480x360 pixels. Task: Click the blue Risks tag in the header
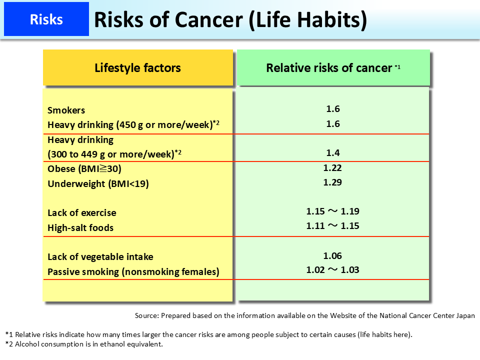click(x=46, y=19)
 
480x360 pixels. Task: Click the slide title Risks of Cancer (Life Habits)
click(x=230, y=19)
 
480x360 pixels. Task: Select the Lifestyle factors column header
click(x=137, y=68)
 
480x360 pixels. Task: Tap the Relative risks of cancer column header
click(x=332, y=68)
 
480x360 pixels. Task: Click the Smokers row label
click(x=66, y=110)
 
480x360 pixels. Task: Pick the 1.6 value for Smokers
click(x=332, y=109)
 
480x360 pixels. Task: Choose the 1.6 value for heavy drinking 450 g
click(x=332, y=124)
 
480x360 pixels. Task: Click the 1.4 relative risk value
click(x=332, y=152)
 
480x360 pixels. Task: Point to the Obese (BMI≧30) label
click(x=84, y=168)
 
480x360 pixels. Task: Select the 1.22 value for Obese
click(x=332, y=168)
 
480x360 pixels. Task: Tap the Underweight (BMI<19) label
click(x=98, y=183)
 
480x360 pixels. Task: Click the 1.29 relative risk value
click(x=332, y=182)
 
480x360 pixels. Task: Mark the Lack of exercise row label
click(x=81, y=212)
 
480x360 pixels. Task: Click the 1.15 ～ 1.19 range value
click(x=332, y=211)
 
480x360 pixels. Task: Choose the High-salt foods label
click(x=80, y=227)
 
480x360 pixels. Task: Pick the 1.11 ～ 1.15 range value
click(x=332, y=226)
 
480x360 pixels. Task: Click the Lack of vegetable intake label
click(x=100, y=256)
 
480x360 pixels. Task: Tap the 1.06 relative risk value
click(x=332, y=256)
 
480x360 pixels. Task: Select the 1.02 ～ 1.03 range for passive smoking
click(x=332, y=270)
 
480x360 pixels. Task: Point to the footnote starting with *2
click(x=84, y=344)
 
